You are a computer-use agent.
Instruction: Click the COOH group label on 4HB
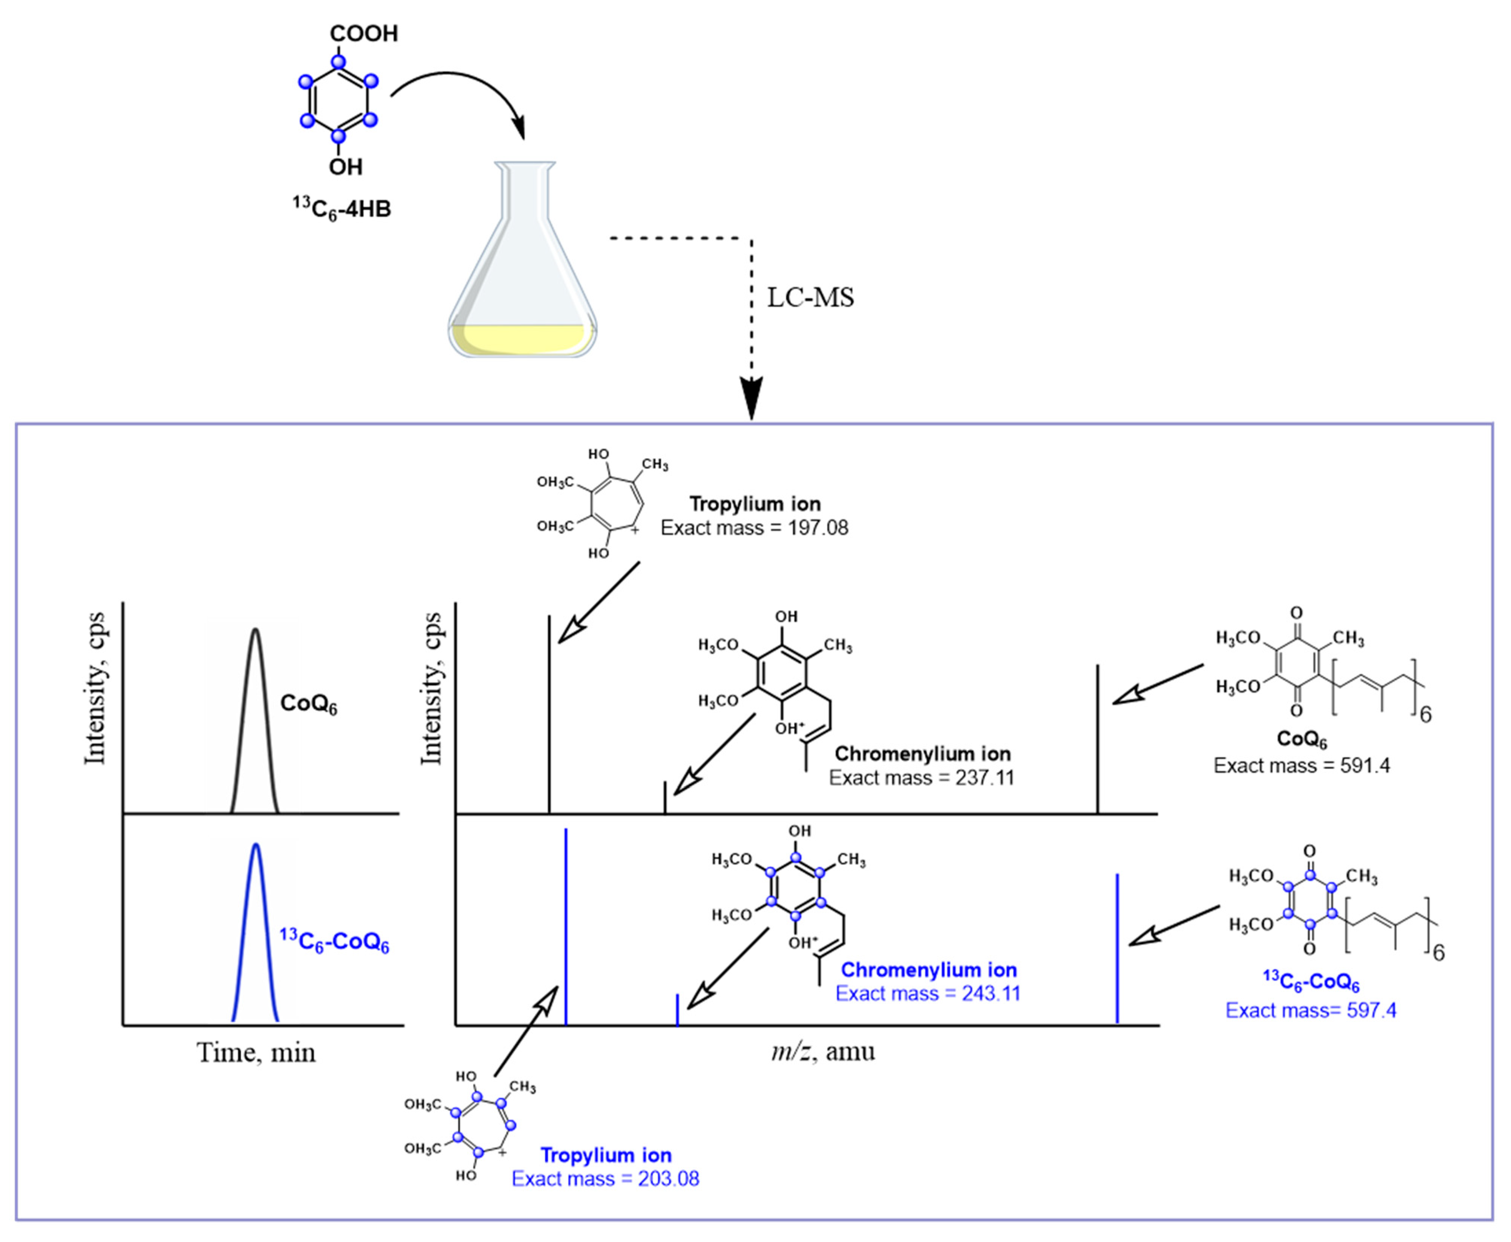(363, 34)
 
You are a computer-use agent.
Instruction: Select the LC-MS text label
(810, 298)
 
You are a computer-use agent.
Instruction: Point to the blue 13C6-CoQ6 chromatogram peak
(255, 930)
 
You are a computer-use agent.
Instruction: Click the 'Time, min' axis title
(256, 1053)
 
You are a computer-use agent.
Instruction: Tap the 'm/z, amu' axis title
(823, 1051)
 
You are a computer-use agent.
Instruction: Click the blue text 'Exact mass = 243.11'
(928, 994)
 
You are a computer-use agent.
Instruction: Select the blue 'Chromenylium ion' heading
(928, 970)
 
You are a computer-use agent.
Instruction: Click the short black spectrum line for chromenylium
(665, 798)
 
